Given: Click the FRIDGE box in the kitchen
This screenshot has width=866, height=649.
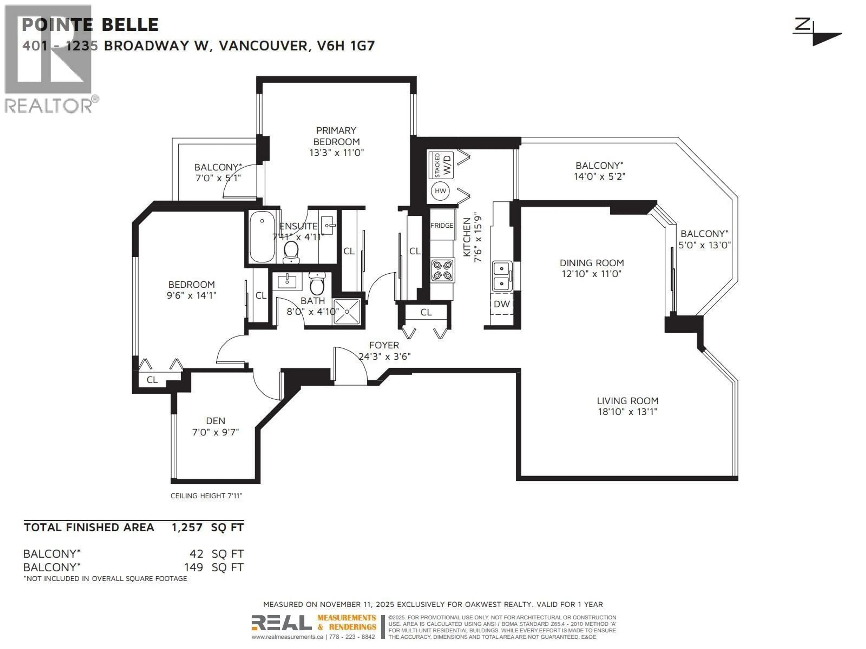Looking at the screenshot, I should click(x=442, y=225).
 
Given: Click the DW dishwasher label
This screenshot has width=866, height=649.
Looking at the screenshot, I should click(x=502, y=304).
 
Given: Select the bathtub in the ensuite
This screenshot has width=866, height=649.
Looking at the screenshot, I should click(x=262, y=237).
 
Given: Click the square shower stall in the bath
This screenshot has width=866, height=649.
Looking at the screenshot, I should click(x=346, y=312).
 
